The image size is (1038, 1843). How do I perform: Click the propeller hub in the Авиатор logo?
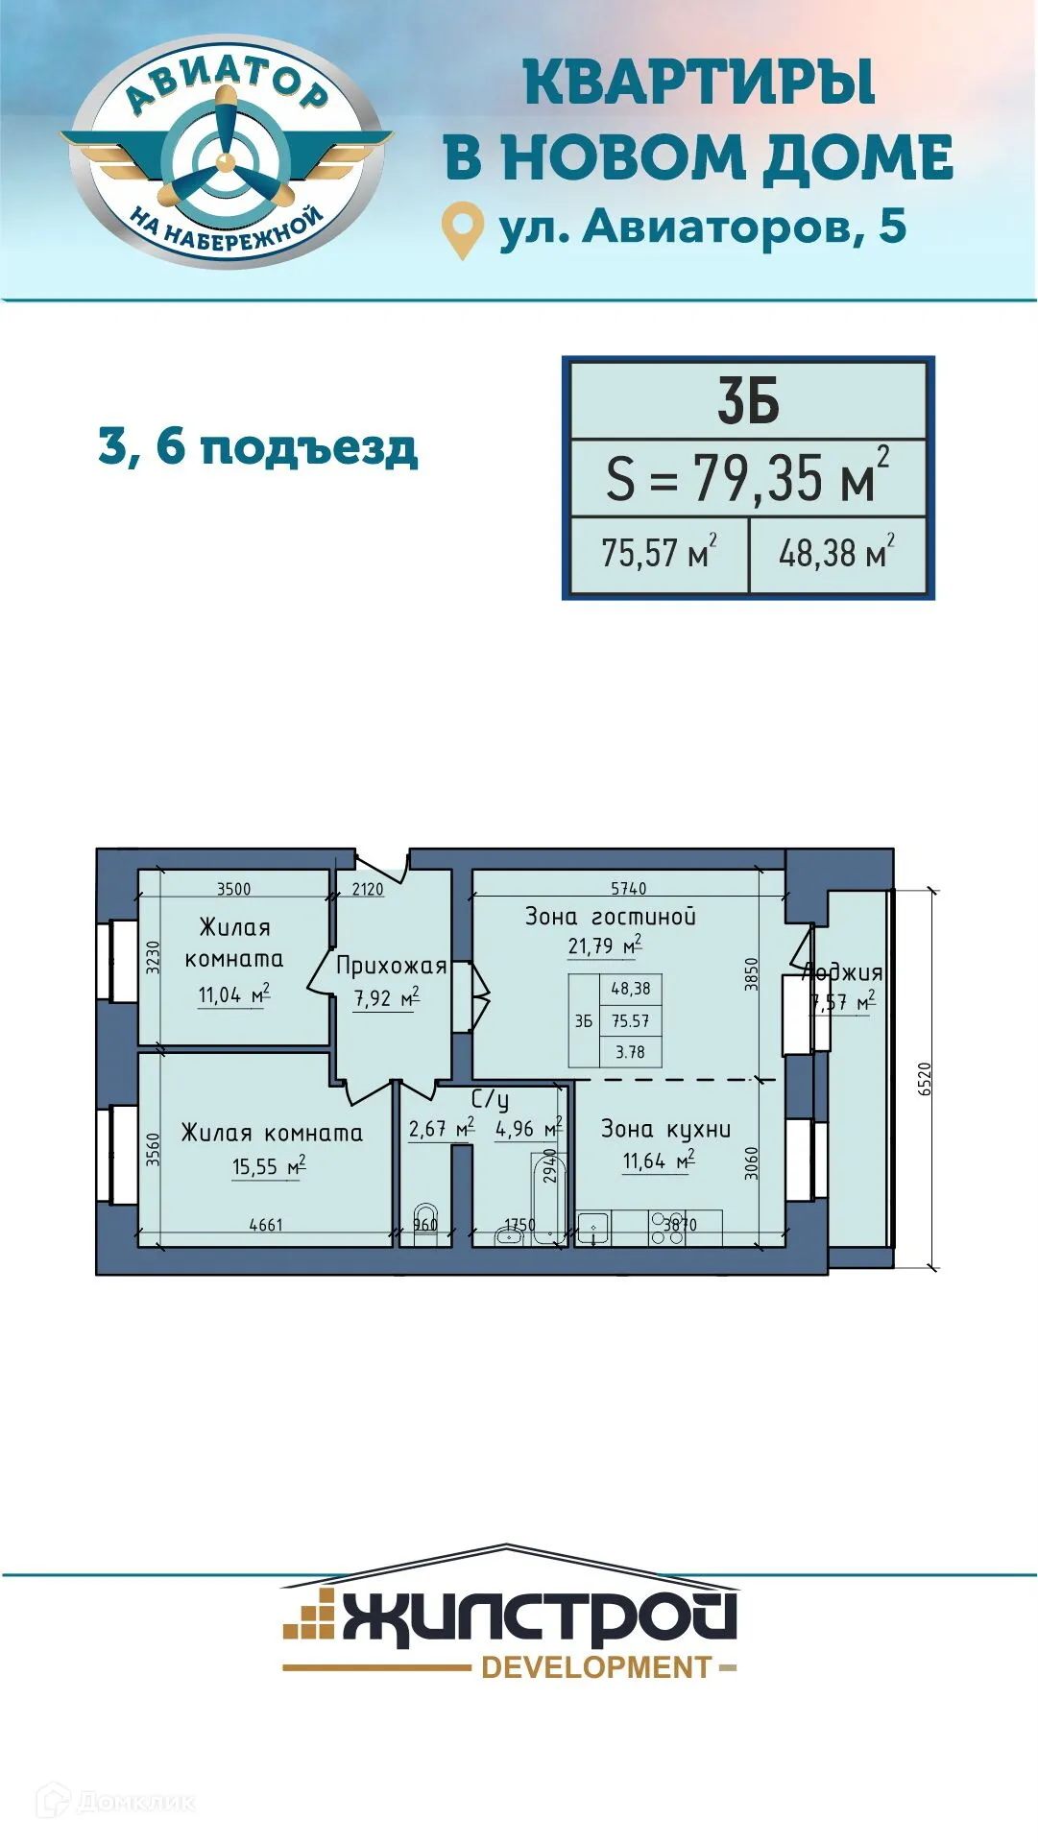(x=226, y=160)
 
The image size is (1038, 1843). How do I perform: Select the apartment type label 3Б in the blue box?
(x=748, y=401)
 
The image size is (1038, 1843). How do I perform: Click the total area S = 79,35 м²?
(x=748, y=477)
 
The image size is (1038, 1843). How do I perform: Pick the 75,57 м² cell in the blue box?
(x=659, y=553)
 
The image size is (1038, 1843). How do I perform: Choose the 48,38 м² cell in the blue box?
(x=836, y=553)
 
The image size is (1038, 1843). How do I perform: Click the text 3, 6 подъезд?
(x=258, y=447)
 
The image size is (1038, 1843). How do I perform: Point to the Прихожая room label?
(x=391, y=966)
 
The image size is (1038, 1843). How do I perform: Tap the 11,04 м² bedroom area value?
(x=233, y=994)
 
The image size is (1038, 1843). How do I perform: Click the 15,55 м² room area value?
(x=268, y=1166)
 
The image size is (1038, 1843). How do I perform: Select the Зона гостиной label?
(x=610, y=917)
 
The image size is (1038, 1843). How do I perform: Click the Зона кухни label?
(x=665, y=1130)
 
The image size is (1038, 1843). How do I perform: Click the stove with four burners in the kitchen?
(x=667, y=1229)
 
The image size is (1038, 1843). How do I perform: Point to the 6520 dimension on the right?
(x=925, y=1079)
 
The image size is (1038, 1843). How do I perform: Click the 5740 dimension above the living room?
(x=628, y=889)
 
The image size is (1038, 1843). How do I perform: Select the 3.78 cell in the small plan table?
(x=630, y=1052)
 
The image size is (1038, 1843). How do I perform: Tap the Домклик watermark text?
(x=134, y=1802)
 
